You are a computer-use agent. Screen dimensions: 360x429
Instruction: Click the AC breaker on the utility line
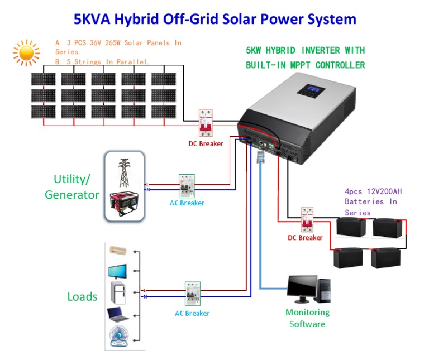point(186,185)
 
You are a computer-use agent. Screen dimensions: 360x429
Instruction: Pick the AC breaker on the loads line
point(192,294)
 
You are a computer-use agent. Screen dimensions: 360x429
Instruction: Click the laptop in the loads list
point(119,315)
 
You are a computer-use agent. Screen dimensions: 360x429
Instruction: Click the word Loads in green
point(82,296)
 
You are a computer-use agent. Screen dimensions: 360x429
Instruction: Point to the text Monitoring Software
point(307,318)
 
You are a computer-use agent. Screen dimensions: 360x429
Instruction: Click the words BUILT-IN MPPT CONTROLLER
point(305,65)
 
